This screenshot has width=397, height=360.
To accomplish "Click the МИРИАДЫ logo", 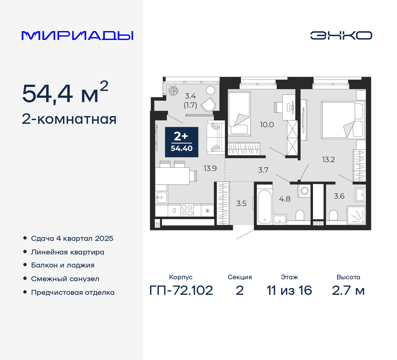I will coord(78,36).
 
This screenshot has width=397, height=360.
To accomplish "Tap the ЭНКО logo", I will coord(341,35).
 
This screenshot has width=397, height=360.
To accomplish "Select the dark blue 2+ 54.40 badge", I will coord(181,142).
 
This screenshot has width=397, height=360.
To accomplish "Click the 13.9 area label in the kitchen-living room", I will coord(210,169).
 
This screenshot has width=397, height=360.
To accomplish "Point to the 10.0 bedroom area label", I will coord(267,125).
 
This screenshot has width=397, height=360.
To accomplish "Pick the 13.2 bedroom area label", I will coord(328,160).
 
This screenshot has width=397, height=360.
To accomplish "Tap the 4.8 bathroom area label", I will coord(284,199).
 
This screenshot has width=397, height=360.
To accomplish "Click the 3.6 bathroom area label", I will coord(339,196).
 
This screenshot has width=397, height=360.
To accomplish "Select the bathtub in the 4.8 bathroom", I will coord(265,206).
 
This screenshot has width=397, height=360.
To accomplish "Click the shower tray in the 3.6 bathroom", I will coord(356,215).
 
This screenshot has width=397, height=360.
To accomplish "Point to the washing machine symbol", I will coord(305,191).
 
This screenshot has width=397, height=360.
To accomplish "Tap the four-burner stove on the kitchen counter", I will coord(187,210).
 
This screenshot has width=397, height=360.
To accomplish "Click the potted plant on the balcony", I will coord(173,91).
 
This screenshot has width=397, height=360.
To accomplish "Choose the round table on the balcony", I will coord(211,90).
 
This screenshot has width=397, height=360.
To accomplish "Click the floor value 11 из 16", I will coord(289,290).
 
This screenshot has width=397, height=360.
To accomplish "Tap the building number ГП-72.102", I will coord(181,290).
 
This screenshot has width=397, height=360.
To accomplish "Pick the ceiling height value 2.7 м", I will coord(348,290).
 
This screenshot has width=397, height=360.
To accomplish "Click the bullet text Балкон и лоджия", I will coord(63,265).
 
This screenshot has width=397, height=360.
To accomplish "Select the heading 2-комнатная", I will coord(69,119).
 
